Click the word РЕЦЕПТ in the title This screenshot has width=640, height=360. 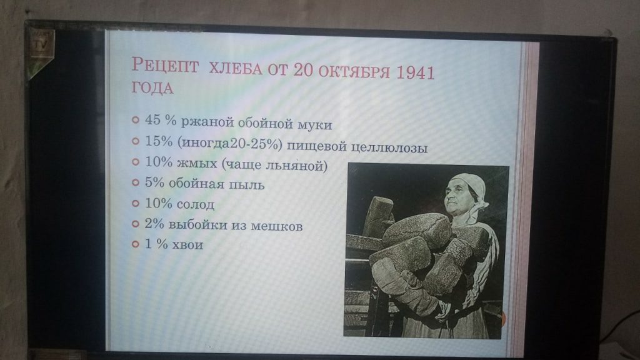(x=165, y=65)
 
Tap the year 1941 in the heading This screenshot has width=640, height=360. (x=415, y=72)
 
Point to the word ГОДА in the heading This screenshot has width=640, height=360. (x=152, y=88)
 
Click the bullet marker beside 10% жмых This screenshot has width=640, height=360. (x=136, y=162)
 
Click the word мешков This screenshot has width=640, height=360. (x=276, y=226)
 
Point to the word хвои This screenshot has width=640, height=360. (x=187, y=245)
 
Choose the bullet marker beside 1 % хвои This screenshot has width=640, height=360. (x=136, y=244)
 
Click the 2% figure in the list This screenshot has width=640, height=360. (x=154, y=224)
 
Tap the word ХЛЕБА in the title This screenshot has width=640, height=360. (x=235, y=68)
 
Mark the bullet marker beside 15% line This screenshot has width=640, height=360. (x=136, y=141)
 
